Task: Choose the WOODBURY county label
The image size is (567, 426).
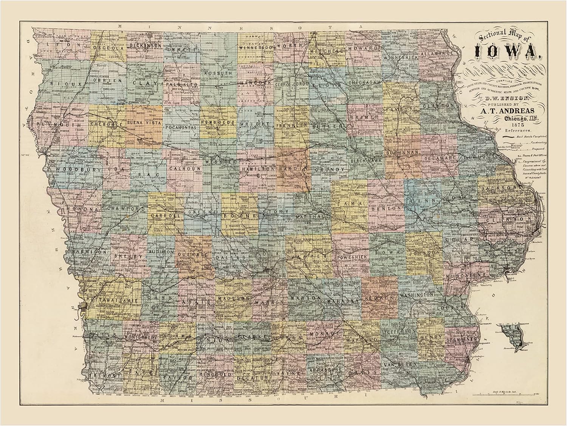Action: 78,170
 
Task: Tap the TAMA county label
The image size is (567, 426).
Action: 349,204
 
